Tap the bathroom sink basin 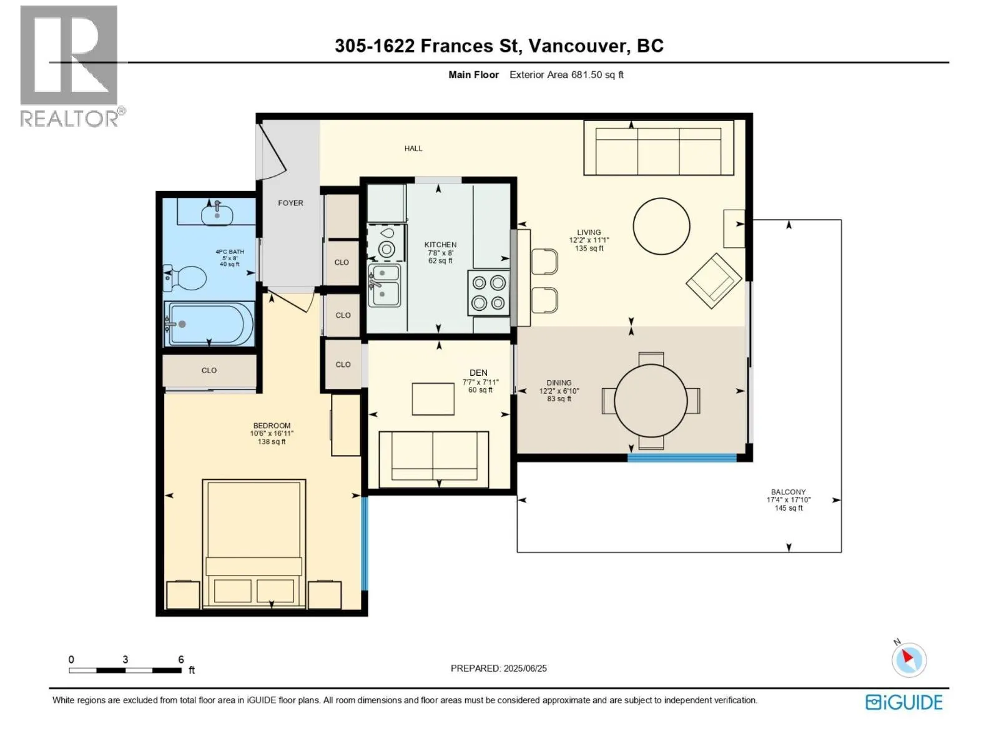click(217, 215)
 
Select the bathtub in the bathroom click(210, 324)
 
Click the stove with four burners click(488, 293)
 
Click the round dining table click(651, 401)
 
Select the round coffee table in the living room click(661, 226)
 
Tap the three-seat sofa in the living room click(659, 147)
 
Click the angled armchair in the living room click(714, 281)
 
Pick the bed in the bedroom click(254, 543)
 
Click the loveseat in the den click(434, 459)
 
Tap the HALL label click(413, 149)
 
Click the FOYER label click(290, 203)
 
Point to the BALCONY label click(789, 492)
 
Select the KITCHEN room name click(440, 245)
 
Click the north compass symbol click(908, 659)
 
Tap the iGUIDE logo click(904, 703)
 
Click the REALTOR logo click(70, 66)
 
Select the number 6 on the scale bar click(180, 659)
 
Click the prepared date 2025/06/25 click(524, 668)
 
